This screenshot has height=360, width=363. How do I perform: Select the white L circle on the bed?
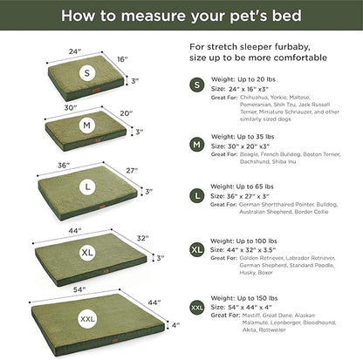click(85, 186)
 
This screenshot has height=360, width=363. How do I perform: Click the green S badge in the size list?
click(197, 85)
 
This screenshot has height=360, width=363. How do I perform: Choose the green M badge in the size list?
click(197, 143)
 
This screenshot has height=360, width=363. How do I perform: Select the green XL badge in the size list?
click(197, 252)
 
